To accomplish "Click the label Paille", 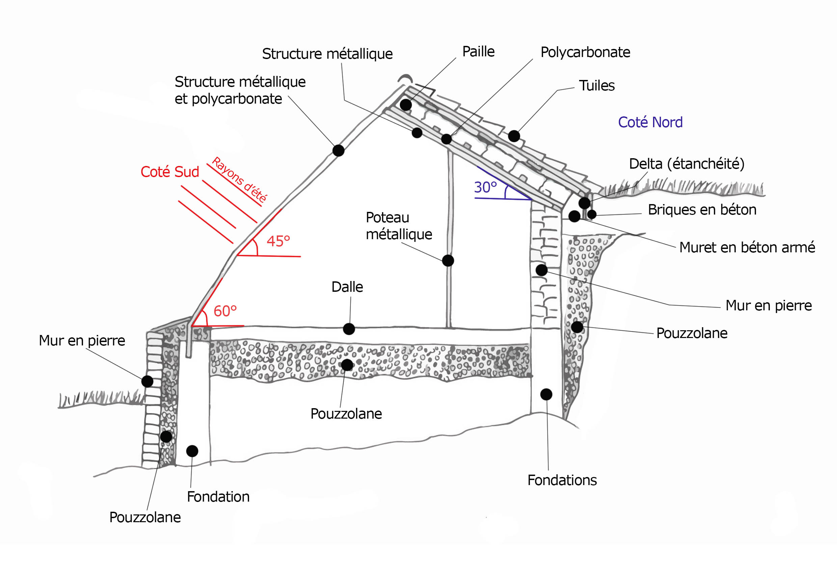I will [478, 52].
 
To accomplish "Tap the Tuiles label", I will [597, 86].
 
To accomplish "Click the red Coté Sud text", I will [169, 172].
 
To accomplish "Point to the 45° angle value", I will [278, 241].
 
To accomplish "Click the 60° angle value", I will [225, 311].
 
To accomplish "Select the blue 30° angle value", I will [485, 188].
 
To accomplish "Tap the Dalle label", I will [347, 287].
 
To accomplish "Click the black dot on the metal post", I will [448, 261].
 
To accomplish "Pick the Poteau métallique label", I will [399, 226].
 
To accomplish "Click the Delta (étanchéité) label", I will [686, 164].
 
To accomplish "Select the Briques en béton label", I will [702, 210].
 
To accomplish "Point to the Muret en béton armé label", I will [747, 247].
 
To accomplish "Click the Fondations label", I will [562, 480].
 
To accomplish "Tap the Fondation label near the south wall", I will [218, 497].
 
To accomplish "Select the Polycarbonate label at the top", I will [585, 52].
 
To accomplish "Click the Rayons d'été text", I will [239, 179].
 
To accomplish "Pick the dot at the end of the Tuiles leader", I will [514, 136].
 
